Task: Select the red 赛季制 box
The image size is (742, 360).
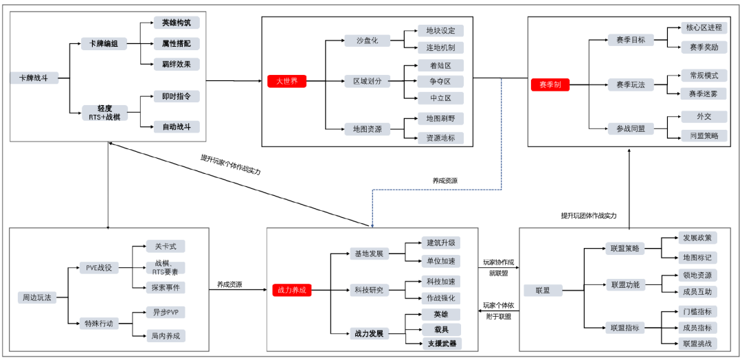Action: (550, 85)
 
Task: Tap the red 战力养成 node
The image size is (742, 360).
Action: (291, 290)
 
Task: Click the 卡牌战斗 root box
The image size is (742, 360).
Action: (34, 78)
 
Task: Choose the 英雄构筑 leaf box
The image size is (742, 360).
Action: (177, 23)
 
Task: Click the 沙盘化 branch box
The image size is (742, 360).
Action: (366, 41)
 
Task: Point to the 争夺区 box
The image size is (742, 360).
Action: (440, 81)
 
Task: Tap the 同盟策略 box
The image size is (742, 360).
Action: (704, 136)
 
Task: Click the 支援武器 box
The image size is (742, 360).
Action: (440, 343)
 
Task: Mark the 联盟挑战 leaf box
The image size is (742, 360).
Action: (697, 343)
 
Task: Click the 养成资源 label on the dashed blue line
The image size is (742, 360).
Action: (445, 181)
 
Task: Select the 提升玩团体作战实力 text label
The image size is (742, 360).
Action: (588, 216)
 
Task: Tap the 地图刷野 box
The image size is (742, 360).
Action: (440, 119)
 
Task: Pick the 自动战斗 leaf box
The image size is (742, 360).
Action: (177, 126)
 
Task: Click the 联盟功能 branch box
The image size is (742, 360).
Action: (624, 284)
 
